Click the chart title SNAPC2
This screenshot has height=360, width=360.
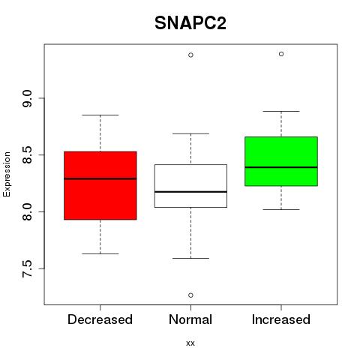tap(190, 23)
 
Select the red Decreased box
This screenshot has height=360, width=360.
tap(100, 185)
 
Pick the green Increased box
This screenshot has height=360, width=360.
tap(281, 161)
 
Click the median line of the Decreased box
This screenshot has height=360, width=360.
tap(100, 178)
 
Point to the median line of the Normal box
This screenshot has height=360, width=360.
tap(190, 192)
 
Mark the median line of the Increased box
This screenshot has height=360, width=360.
tap(281, 167)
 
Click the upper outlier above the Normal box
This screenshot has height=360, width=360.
tap(190, 55)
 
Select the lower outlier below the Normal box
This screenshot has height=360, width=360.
tap(190, 295)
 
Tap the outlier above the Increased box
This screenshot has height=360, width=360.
tap(281, 54)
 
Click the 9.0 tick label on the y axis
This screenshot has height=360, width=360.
tap(27, 98)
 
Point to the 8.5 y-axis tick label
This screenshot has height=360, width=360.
tap(27, 155)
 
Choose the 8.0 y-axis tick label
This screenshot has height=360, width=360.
tap(27, 212)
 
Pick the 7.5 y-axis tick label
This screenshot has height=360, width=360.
tap(27, 268)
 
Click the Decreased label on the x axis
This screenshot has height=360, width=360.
tap(100, 319)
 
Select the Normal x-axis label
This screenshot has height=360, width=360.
tap(190, 319)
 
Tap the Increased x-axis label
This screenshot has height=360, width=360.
tap(281, 319)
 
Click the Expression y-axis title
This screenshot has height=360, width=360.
tap(7, 174)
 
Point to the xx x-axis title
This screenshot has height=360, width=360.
tap(190, 343)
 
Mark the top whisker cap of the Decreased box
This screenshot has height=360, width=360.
tap(100, 115)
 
